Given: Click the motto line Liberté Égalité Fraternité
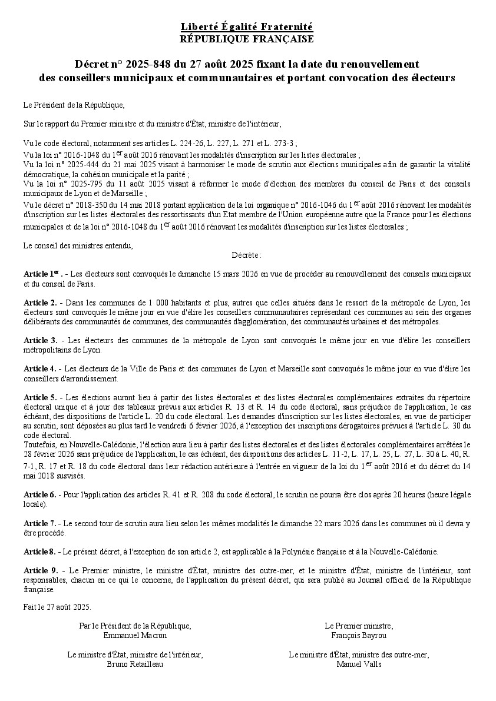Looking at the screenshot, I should click(x=247, y=27).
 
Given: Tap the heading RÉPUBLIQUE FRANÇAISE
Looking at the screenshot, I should click(x=247, y=39).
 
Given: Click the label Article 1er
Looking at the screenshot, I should click(x=42, y=274).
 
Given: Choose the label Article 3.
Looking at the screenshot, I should click(x=40, y=340).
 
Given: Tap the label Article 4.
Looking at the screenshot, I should click(x=40, y=368).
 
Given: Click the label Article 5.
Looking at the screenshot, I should click(x=40, y=397).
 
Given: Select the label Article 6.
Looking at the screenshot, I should click(x=40, y=494).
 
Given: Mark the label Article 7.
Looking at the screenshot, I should click(x=40, y=523).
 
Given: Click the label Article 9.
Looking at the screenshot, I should click(x=40, y=570).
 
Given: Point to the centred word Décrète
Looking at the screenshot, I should click(x=246, y=255).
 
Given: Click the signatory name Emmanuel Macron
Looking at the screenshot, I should click(x=135, y=635).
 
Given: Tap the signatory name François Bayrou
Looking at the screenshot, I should click(x=359, y=635).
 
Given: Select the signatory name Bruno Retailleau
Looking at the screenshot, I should click(x=135, y=664).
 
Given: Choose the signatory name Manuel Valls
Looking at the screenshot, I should click(x=359, y=664).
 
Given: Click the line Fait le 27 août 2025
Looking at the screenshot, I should click(x=57, y=606).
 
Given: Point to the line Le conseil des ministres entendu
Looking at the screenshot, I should click(x=78, y=245).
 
